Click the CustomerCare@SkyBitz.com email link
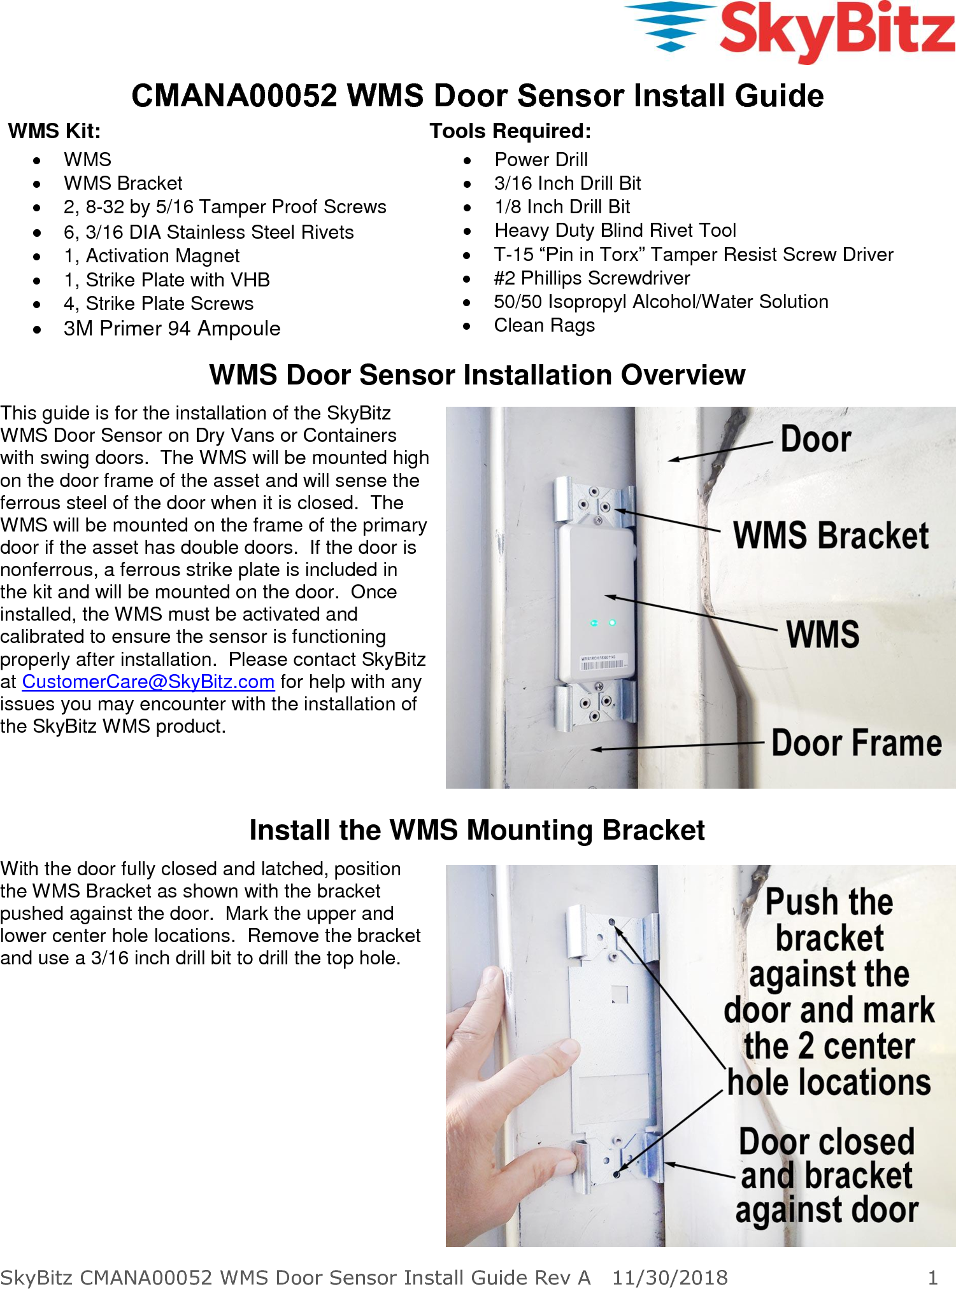click(x=148, y=681)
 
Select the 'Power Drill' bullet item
click(x=541, y=159)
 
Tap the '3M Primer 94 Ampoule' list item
click(x=172, y=328)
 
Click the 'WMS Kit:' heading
click(x=55, y=131)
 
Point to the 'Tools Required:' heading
click(x=510, y=131)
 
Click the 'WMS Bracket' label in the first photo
click(x=831, y=535)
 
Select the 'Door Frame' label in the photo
click(x=856, y=743)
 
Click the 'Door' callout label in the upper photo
click(x=815, y=439)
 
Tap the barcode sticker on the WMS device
click(x=601, y=663)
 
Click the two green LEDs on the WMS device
click(x=603, y=623)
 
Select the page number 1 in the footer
click(x=932, y=1277)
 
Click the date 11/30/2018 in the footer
click(x=669, y=1277)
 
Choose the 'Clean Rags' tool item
click(x=545, y=325)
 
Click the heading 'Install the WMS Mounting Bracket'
click(x=477, y=830)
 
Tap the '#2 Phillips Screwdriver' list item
click(x=592, y=278)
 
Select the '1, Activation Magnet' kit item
click(x=152, y=256)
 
